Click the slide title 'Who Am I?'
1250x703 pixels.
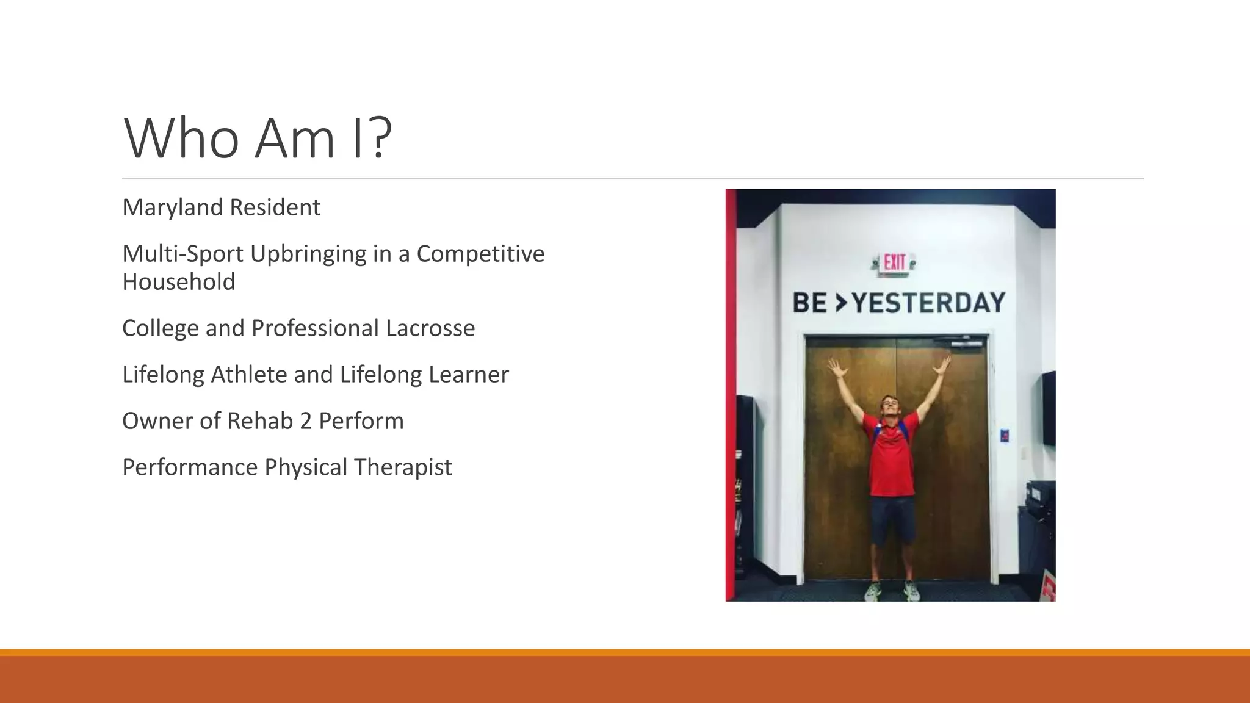click(257, 139)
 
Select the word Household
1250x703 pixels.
click(178, 282)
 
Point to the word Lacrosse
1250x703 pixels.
click(430, 328)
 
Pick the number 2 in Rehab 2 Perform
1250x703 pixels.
click(305, 421)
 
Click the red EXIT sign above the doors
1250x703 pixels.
click(894, 264)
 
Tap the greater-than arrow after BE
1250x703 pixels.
click(841, 302)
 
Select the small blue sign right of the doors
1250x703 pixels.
click(1005, 435)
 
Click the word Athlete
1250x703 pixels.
click(248, 375)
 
